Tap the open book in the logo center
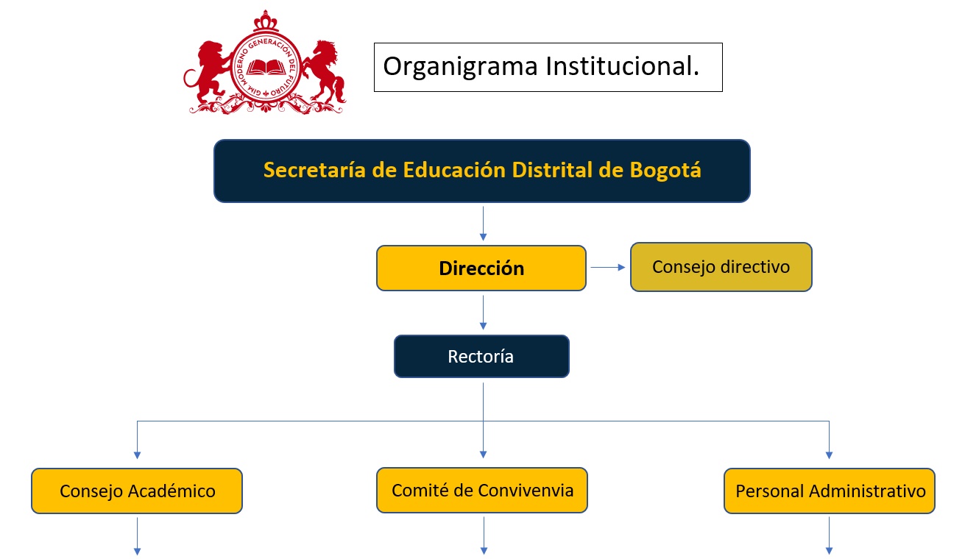[x=265, y=68]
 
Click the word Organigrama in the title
[x=461, y=67]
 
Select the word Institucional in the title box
[x=621, y=67]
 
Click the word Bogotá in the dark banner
[x=665, y=170]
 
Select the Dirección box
[x=481, y=268]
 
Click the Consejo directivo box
[x=721, y=267]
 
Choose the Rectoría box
[x=481, y=357]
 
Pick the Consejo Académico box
[x=137, y=491]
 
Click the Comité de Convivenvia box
[x=482, y=490]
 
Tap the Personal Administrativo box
[x=830, y=491]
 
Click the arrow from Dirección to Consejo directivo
[x=608, y=268]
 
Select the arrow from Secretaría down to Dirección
[x=483, y=224]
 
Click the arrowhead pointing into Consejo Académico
[x=137, y=455]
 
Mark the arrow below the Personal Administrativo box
[x=830, y=535]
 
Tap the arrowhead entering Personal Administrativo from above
[x=830, y=455]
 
